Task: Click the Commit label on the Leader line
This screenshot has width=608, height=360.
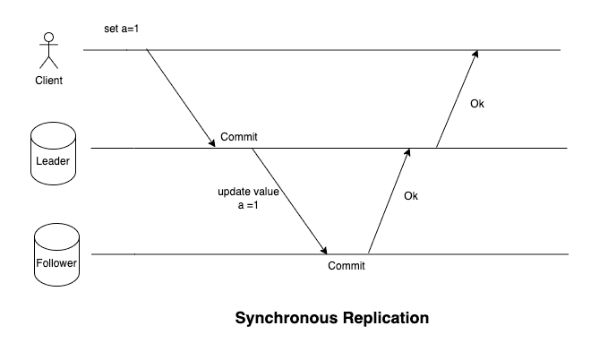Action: click(239, 137)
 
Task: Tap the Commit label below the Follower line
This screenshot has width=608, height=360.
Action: click(347, 266)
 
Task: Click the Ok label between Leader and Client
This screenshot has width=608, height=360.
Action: click(477, 104)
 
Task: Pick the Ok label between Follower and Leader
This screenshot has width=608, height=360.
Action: click(411, 195)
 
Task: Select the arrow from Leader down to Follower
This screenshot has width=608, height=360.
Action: click(289, 201)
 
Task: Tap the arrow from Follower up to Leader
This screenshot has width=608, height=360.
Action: click(390, 201)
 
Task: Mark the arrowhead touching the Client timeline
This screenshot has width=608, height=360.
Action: click(475, 55)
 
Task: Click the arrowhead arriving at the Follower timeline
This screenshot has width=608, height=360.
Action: click(323, 250)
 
